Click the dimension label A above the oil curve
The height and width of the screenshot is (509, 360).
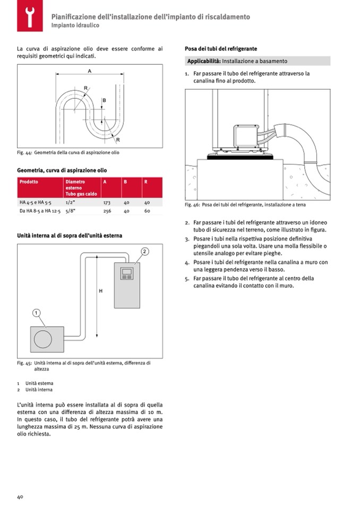89,71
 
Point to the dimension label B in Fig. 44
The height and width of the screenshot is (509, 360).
104,100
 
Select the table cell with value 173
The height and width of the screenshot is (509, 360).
106,203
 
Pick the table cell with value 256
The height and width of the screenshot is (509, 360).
106,211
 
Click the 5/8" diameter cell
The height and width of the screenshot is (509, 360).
70,211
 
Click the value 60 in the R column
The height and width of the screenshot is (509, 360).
147,211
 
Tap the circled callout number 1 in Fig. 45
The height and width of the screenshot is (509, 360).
36,313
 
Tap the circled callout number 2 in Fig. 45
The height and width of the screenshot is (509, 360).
144,251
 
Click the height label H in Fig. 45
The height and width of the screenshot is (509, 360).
101,291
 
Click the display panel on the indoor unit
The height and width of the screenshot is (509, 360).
127,274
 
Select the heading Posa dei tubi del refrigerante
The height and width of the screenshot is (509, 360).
220,48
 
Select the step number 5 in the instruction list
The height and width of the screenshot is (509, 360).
187,278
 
